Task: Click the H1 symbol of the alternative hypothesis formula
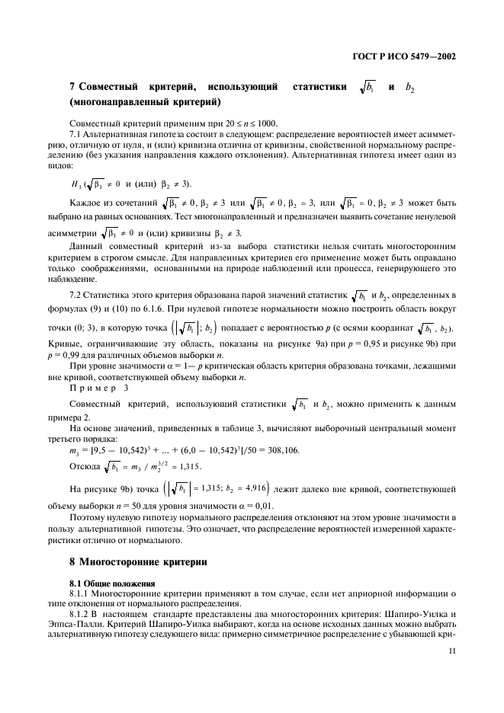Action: click(x=75, y=185)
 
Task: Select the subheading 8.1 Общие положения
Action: click(x=112, y=584)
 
